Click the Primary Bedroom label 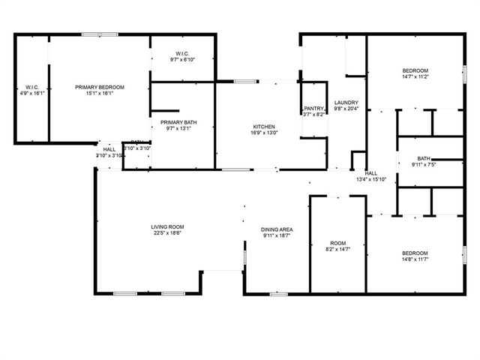click(x=100, y=88)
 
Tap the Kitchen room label click(x=263, y=126)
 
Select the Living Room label click(x=167, y=226)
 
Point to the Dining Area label click(x=277, y=229)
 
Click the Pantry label click(x=314, y=108)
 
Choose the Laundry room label click(x=346, y=103)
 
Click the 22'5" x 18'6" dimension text click(x=167, y=233)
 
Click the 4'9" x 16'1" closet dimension click(x=31, y=94)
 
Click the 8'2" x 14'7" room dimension click(x=337, y=250)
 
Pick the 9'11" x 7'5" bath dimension click(x=424, y=164)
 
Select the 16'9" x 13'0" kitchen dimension click(x=263, y=133)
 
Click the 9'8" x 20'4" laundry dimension click(x=346, y=109)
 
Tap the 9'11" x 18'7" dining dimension click(x=277, y=236)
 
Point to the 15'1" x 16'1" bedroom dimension click(x=100, y=94)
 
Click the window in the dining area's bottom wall click(x=278, y=293)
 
